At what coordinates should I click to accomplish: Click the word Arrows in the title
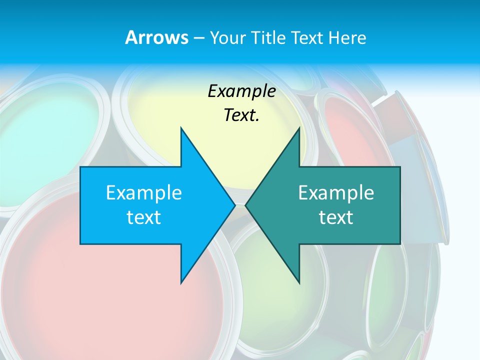(156, 37)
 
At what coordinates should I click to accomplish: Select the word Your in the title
(227, 38)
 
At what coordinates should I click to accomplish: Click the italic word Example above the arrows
(241, 91)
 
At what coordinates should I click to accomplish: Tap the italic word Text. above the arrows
(241, 115)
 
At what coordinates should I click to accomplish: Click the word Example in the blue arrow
(144, 192)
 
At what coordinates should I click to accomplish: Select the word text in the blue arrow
(144, 217)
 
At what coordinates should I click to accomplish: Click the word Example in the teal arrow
(336, 192)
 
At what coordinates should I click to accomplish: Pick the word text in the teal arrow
(336, 217)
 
